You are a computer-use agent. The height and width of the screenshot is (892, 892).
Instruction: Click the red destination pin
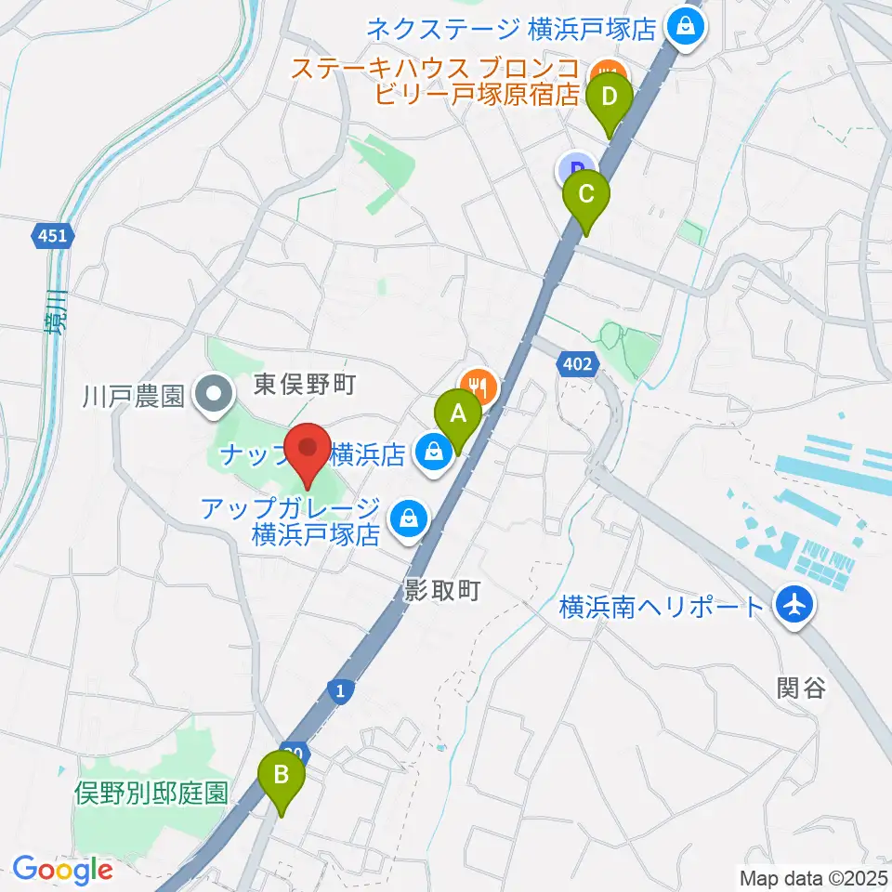[x=308, y=451]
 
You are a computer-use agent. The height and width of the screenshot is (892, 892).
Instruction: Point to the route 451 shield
[x=53, y=236]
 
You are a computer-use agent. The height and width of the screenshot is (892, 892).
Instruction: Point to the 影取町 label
[x=441, y=590]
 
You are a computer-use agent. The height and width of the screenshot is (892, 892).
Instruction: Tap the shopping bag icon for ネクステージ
[x=686, y=27]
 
